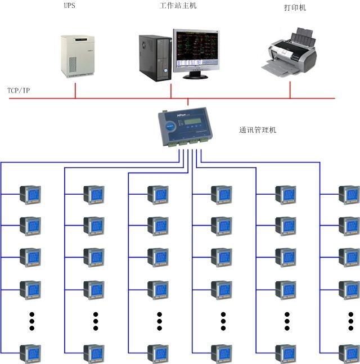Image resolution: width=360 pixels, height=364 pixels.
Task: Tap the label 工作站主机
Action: [x=178, y=6]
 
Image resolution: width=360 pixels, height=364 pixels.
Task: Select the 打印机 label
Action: [x=295, y=8]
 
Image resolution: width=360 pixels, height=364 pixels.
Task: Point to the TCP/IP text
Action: [x=19, y=91]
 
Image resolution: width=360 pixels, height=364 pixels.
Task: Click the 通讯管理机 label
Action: [x=258, y=130]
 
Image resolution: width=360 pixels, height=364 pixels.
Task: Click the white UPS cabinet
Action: [x=77, y=56]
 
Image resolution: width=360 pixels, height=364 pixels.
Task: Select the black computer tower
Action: [x=155, y=58]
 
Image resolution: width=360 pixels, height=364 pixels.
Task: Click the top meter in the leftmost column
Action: [x=30, y=195]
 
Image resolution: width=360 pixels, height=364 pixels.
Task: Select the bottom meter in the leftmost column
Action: [x=30, y=353]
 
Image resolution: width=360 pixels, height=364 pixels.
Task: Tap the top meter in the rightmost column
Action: [x=349, y=195]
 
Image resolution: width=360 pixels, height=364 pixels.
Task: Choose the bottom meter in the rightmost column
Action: [x=349, y=353]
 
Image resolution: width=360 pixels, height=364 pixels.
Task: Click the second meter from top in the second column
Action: [x=94, y=226]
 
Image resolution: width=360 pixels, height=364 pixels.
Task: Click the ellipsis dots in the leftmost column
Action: [x=32, y=321]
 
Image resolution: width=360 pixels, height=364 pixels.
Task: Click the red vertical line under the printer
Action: [x=290, y=89]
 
